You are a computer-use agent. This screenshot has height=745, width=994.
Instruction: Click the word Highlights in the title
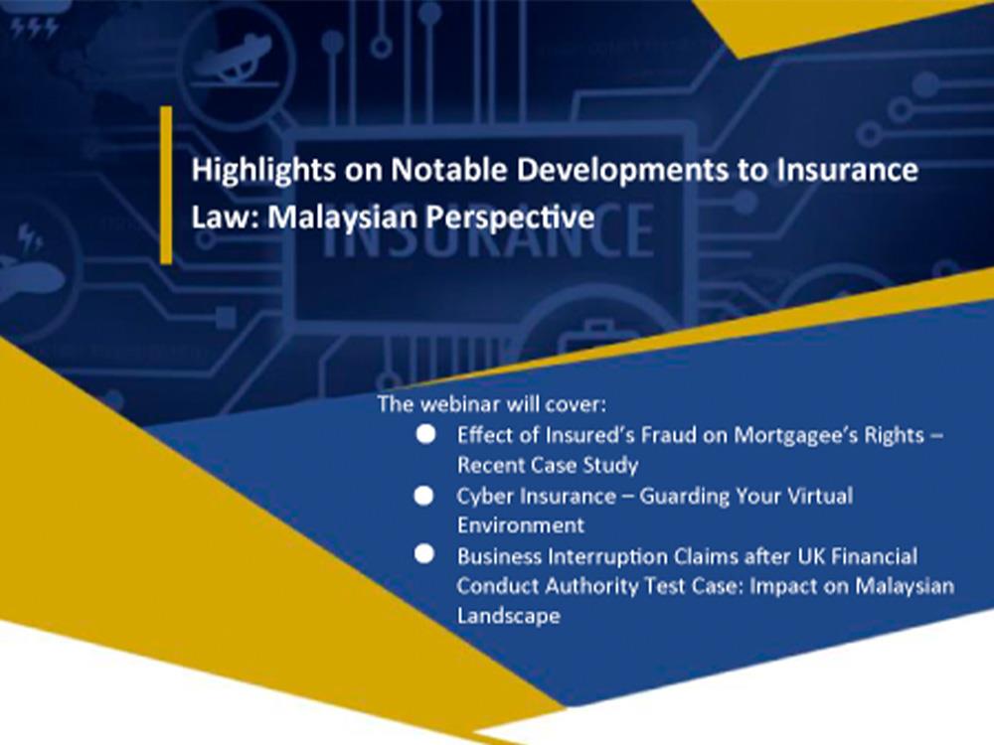(x=263, y=171)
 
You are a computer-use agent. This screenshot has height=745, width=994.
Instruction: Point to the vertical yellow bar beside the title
(x=166, y=185)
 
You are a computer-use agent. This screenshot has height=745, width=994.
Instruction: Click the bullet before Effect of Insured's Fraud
(x=425, y=435)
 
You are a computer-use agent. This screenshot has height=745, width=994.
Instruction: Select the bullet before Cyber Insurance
(x=424, y=496)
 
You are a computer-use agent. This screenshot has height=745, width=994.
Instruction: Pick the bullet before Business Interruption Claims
(x=424, y=554)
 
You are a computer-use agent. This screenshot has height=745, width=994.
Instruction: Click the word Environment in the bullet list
(x=521, y=525)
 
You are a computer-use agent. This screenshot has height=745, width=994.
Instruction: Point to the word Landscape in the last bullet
(x=508, y=617)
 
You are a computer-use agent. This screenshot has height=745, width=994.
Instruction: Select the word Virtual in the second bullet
(x=820, y=496)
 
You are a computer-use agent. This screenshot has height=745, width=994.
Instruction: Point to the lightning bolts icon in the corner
(x=35, y=27)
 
